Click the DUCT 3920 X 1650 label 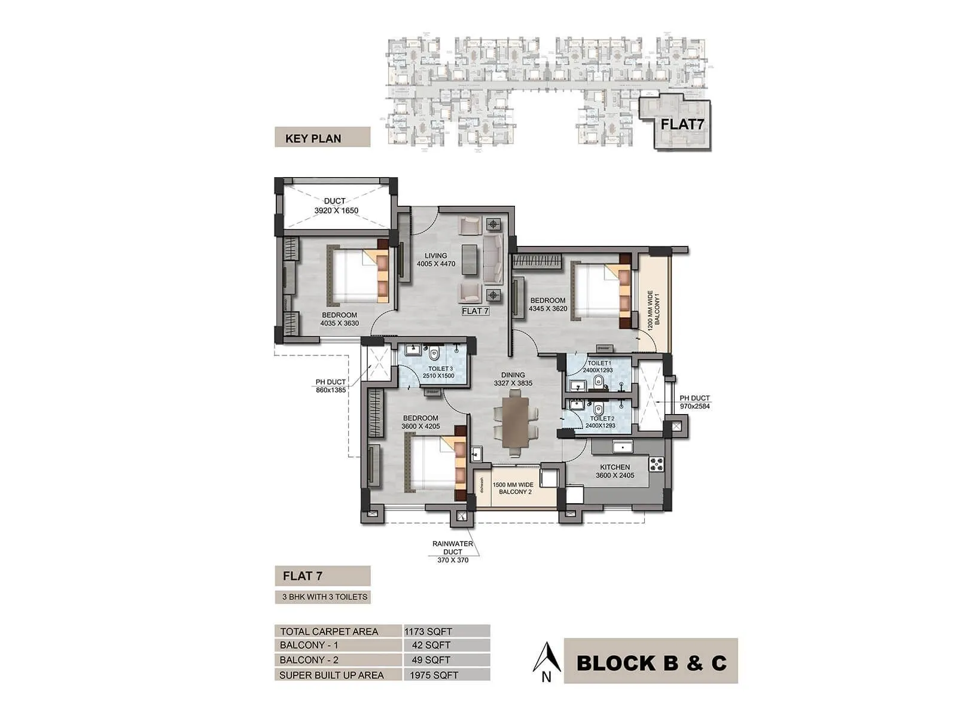point(336,206)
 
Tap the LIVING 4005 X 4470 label point(436,260)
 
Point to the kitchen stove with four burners point(656,464)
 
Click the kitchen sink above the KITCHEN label point(622,446)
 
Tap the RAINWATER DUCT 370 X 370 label point(453,552)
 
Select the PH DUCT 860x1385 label point(331,386)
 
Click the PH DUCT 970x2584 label point(694,402)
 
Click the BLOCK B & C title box point(651,661)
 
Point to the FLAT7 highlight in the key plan point(681,124)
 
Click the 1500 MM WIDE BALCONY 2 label point(513,488)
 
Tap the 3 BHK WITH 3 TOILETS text point(325,597)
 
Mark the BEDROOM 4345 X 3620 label point(548,305)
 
